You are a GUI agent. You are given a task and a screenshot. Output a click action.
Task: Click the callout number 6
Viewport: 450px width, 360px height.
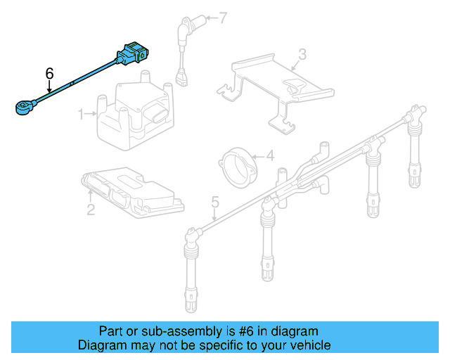(x=49, y=73)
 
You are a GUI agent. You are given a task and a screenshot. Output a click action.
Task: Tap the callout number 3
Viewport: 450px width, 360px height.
(x=302, y=53)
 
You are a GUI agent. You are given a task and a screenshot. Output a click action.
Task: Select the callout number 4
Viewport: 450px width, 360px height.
(x=269, y=157)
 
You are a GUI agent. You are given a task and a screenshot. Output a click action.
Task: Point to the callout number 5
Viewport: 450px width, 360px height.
(x=215, y=203)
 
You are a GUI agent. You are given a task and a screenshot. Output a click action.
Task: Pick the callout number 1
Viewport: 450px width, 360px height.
(x=80, y=113)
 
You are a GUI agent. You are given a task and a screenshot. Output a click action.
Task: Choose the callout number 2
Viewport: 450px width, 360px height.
(x=91, y=210)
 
